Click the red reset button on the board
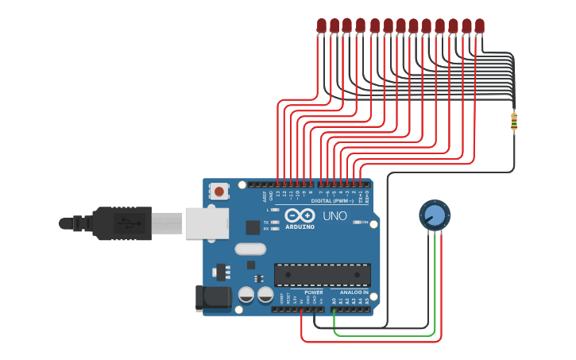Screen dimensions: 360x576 pos(219,192)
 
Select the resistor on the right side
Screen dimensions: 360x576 pos(514,122)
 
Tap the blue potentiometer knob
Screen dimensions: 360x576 pos(435,215)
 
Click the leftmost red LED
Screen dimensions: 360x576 pos(321,25)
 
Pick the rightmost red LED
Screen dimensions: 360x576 pos(479,25)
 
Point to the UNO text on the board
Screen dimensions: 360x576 pos(334,215)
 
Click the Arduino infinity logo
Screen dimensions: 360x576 pos(300,215)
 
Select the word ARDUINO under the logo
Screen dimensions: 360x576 pos(300,226)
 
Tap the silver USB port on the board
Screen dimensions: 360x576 pos(207,223)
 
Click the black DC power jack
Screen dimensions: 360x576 pos(213,298)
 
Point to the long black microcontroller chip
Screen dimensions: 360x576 pos(322,275)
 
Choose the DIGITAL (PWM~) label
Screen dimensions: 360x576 pos(332,201)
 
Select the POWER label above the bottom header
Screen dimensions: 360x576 pos(313,292)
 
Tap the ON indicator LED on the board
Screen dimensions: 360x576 pos(354,223)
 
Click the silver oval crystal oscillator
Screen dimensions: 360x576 pos(250,249)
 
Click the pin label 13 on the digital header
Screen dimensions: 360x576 pos(277,194)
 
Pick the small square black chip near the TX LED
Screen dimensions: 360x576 pos(253,227)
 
